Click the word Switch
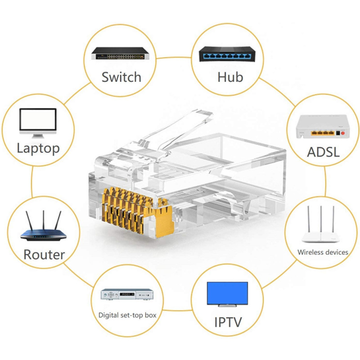tap(121, 77)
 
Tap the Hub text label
tap(230, 77)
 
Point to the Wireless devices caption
tap(323, 252)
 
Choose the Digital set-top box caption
tap(127, 315)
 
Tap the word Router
tap(44, 255)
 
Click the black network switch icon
tap(120, 54)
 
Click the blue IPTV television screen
tap(227, 293)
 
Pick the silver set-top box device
tap(127, 295)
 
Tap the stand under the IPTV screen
tap(227, 306)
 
